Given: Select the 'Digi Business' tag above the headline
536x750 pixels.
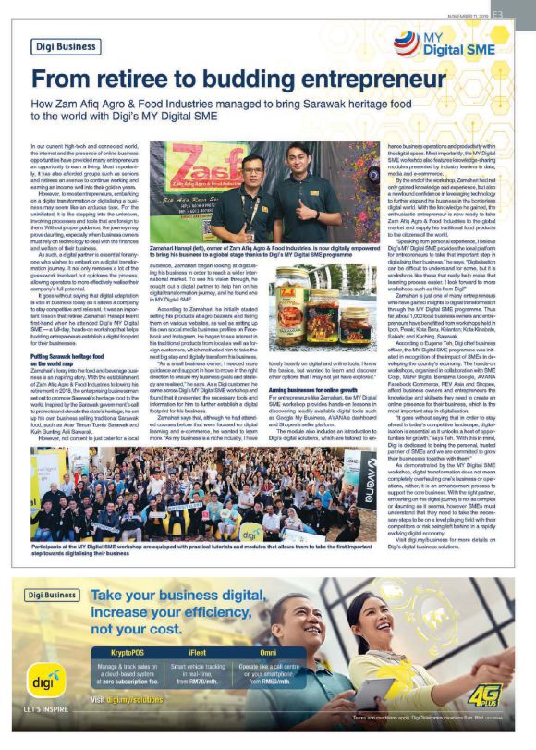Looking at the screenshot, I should [66, 44].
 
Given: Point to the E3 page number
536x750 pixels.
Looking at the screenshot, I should [521, 14].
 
